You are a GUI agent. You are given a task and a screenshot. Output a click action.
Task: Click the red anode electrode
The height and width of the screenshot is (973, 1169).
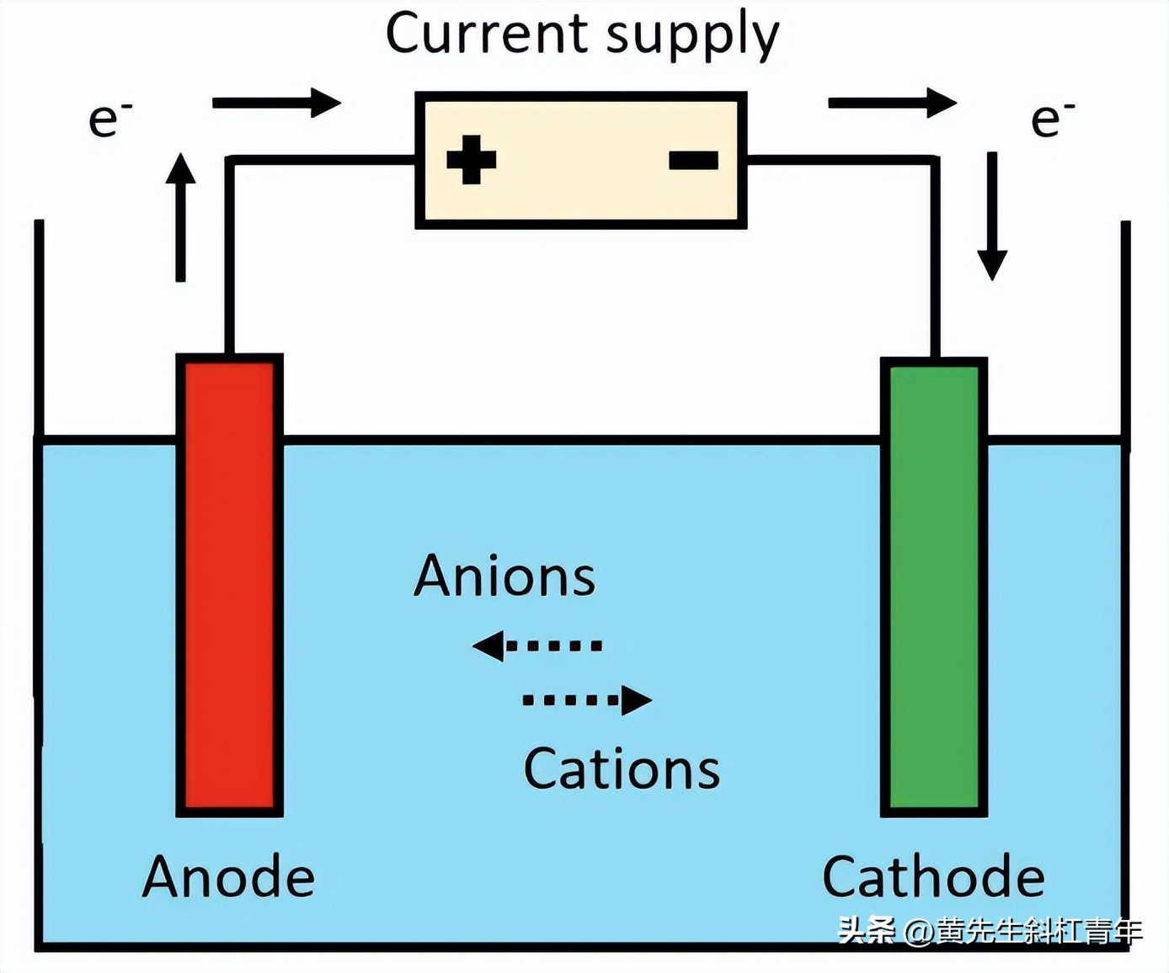pos(229,585)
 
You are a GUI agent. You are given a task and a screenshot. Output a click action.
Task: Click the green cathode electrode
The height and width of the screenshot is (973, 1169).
pos(934,587)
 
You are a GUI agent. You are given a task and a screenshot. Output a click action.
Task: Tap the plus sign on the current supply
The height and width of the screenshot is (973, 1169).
pos(471,160)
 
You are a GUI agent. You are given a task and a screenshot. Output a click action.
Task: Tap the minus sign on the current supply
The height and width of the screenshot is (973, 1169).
pos(693,160)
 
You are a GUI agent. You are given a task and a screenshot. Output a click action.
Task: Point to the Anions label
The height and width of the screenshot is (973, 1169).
pos(504,577)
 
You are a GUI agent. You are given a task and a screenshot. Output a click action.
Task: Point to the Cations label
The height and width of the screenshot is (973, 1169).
pos(622,769)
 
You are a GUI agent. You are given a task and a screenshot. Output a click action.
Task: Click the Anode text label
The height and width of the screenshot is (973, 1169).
pos(228,877)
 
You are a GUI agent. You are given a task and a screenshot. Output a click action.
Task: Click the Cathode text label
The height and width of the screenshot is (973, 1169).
pos(933,877)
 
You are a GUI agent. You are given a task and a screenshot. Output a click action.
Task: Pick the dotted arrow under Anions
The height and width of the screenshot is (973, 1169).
pos(537,646)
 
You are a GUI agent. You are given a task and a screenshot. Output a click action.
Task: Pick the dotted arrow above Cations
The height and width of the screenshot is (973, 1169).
pos(587,699)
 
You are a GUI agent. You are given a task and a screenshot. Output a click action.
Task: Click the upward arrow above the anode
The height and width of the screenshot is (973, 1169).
pos(180,217)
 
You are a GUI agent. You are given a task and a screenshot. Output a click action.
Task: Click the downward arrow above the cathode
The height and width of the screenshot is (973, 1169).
pos(992,216)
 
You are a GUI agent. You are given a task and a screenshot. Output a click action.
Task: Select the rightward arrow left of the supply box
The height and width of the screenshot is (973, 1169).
pos(276,103)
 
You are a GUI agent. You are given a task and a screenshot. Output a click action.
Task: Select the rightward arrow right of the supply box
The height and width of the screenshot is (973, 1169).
pos(893,103)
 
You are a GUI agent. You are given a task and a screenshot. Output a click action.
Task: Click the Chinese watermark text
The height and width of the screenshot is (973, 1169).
pos(990,931)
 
